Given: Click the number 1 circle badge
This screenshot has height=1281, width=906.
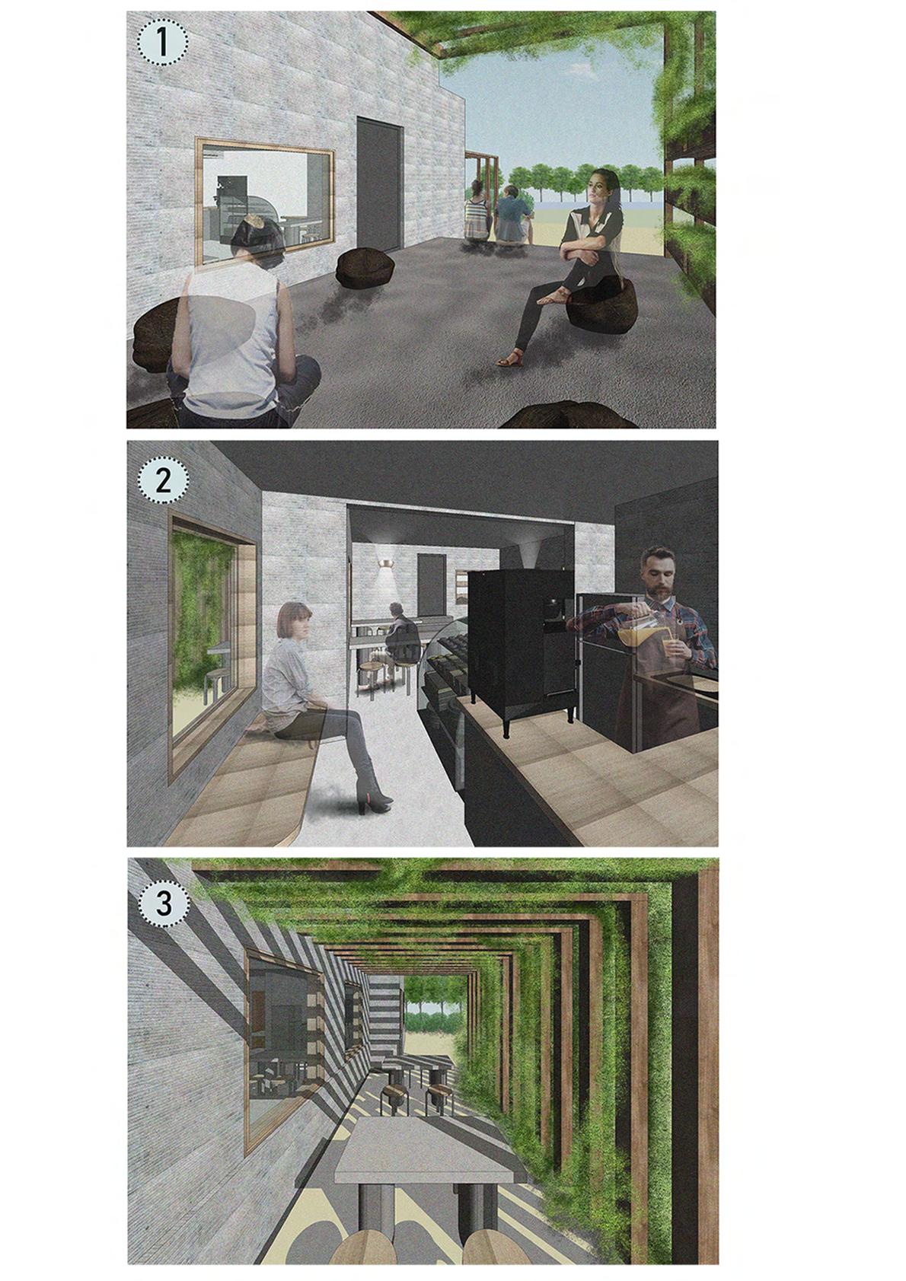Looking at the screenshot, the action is point(162,44).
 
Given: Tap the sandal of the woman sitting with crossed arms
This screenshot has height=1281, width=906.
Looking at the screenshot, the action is point(509,360).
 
